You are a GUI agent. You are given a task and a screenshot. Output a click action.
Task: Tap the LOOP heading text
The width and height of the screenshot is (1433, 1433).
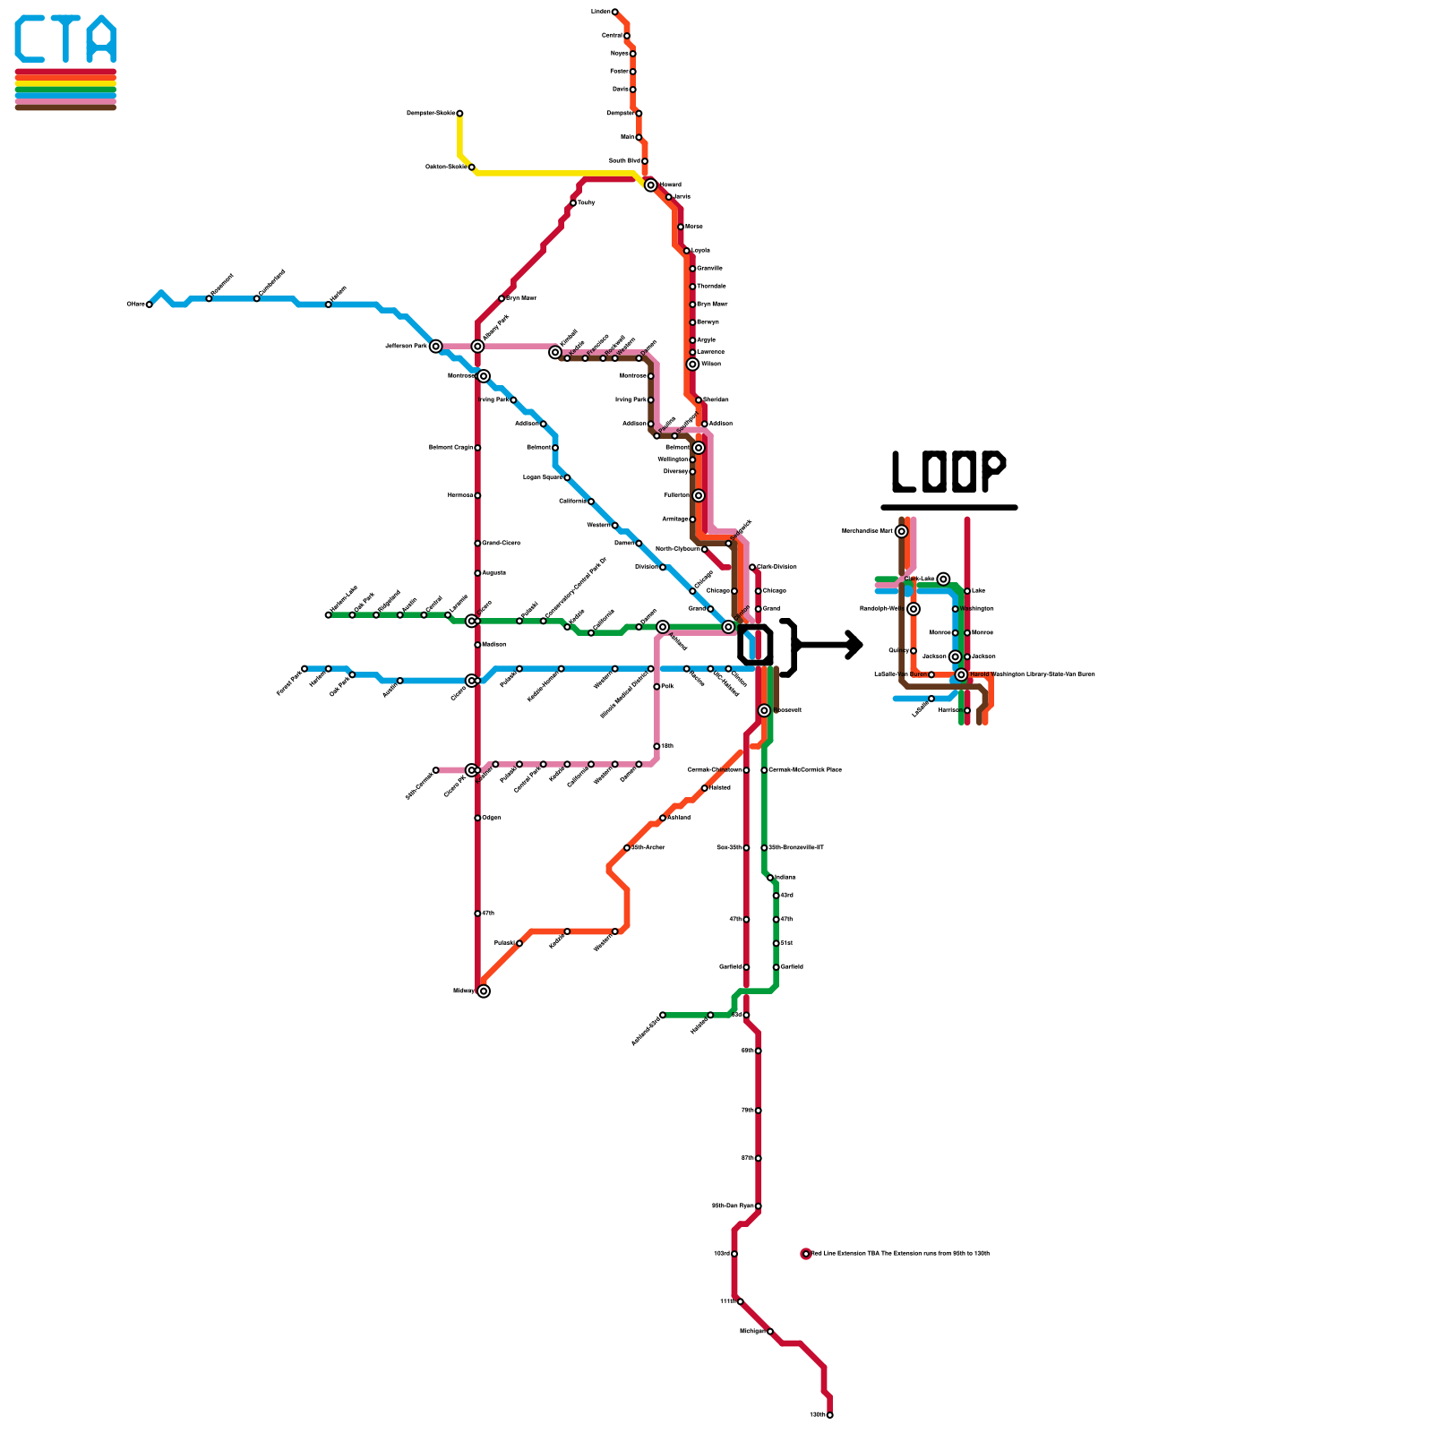click(948, 472)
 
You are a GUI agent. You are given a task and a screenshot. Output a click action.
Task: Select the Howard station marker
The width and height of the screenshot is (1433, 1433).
click(651, 185)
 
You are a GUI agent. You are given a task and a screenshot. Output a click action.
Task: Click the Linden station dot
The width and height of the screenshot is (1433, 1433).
click(614, 12)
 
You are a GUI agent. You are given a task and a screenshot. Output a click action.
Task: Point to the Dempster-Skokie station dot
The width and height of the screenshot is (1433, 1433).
click(459, 114)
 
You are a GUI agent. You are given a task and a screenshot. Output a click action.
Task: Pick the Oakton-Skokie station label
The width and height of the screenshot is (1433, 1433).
click(446, 167)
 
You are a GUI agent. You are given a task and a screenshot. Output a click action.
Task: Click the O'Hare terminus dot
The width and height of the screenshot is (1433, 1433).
click(149, 305)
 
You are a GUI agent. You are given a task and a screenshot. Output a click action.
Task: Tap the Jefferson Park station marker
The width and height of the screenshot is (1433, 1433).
click(435, 347)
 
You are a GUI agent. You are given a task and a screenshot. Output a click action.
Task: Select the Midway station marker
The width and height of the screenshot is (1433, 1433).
click(484, 991)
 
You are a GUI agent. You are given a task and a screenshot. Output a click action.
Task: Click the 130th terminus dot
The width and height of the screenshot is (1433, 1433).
click(830, 1415)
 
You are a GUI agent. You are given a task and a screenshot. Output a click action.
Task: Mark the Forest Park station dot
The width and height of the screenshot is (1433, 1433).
click(305, 669)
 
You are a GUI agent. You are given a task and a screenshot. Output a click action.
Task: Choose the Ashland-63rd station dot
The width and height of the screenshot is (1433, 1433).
click(663, 1015)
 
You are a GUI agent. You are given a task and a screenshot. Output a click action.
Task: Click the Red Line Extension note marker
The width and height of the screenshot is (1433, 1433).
click(806, 1254)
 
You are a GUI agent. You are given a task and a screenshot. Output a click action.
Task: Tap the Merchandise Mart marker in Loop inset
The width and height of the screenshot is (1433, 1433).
click(902, 531)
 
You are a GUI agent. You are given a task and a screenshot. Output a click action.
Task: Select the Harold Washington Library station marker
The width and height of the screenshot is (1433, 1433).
click(961, 675)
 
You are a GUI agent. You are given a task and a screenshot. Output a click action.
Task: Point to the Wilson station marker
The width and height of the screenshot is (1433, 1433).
click(692, 365)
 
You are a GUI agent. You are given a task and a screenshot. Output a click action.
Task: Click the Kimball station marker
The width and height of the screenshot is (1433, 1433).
click(555, 353)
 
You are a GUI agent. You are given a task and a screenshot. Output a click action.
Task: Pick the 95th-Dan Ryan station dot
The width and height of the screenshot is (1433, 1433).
click(759, 1206)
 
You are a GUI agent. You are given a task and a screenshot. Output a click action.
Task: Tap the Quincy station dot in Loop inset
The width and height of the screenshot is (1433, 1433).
click(914, 651)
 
